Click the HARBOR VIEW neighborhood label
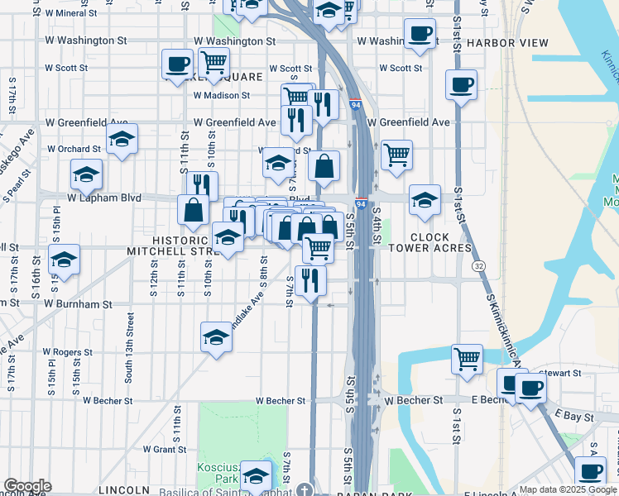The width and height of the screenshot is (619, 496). coord(507,42)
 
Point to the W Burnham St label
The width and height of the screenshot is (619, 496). coord(78,304)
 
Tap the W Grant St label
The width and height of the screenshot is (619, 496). coord(164,450)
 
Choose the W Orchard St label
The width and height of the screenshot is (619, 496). coord(73,149)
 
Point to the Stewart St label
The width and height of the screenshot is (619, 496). coord(560,373)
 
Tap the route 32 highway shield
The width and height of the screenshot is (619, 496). coord(478,267)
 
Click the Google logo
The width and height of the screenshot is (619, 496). coord(27,486)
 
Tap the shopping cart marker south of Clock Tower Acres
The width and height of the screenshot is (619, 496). coord(467,360)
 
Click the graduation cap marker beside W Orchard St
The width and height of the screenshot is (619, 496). coord(122,141)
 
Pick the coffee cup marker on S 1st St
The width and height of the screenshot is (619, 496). coord(461,83)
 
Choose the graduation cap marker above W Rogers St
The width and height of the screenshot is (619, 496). coord(216,337)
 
